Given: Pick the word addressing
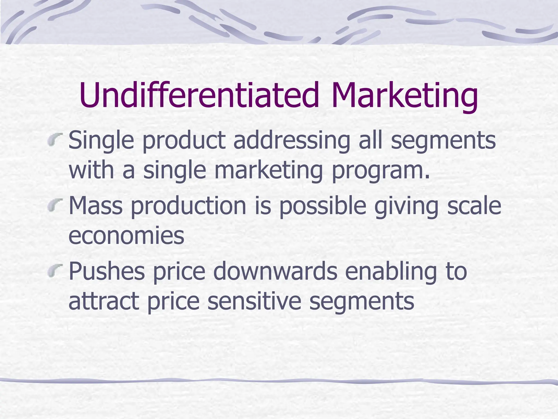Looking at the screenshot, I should (292, 140).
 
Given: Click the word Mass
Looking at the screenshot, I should (96, 206).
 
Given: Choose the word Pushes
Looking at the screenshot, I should (107, 271).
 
